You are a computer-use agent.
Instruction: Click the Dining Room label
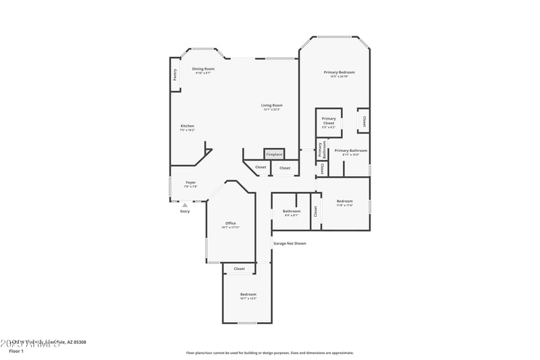coord(203,70)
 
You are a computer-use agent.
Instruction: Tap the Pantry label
coord(175,75)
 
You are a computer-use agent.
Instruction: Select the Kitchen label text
coord(187,127)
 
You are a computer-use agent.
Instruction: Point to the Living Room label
coord(272,106)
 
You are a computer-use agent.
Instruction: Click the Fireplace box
coord(274,154)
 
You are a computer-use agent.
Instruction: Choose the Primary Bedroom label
coord(339,73)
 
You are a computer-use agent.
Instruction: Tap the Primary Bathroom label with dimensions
coord(351,151)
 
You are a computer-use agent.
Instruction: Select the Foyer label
coord(191,183)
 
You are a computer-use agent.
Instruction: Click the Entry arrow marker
coord(185,204)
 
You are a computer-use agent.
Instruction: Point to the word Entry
coord(185,211)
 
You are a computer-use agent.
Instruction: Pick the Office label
coord(230,224)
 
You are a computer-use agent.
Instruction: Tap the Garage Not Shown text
coord(290,243)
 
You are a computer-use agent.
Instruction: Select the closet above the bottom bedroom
coord(239,269)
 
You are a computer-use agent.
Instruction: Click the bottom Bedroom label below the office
coord(248,295)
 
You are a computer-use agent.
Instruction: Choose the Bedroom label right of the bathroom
coord(345,202)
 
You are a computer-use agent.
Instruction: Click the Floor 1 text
coord(16,351)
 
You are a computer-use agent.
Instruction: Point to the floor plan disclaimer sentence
coord(269,353)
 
